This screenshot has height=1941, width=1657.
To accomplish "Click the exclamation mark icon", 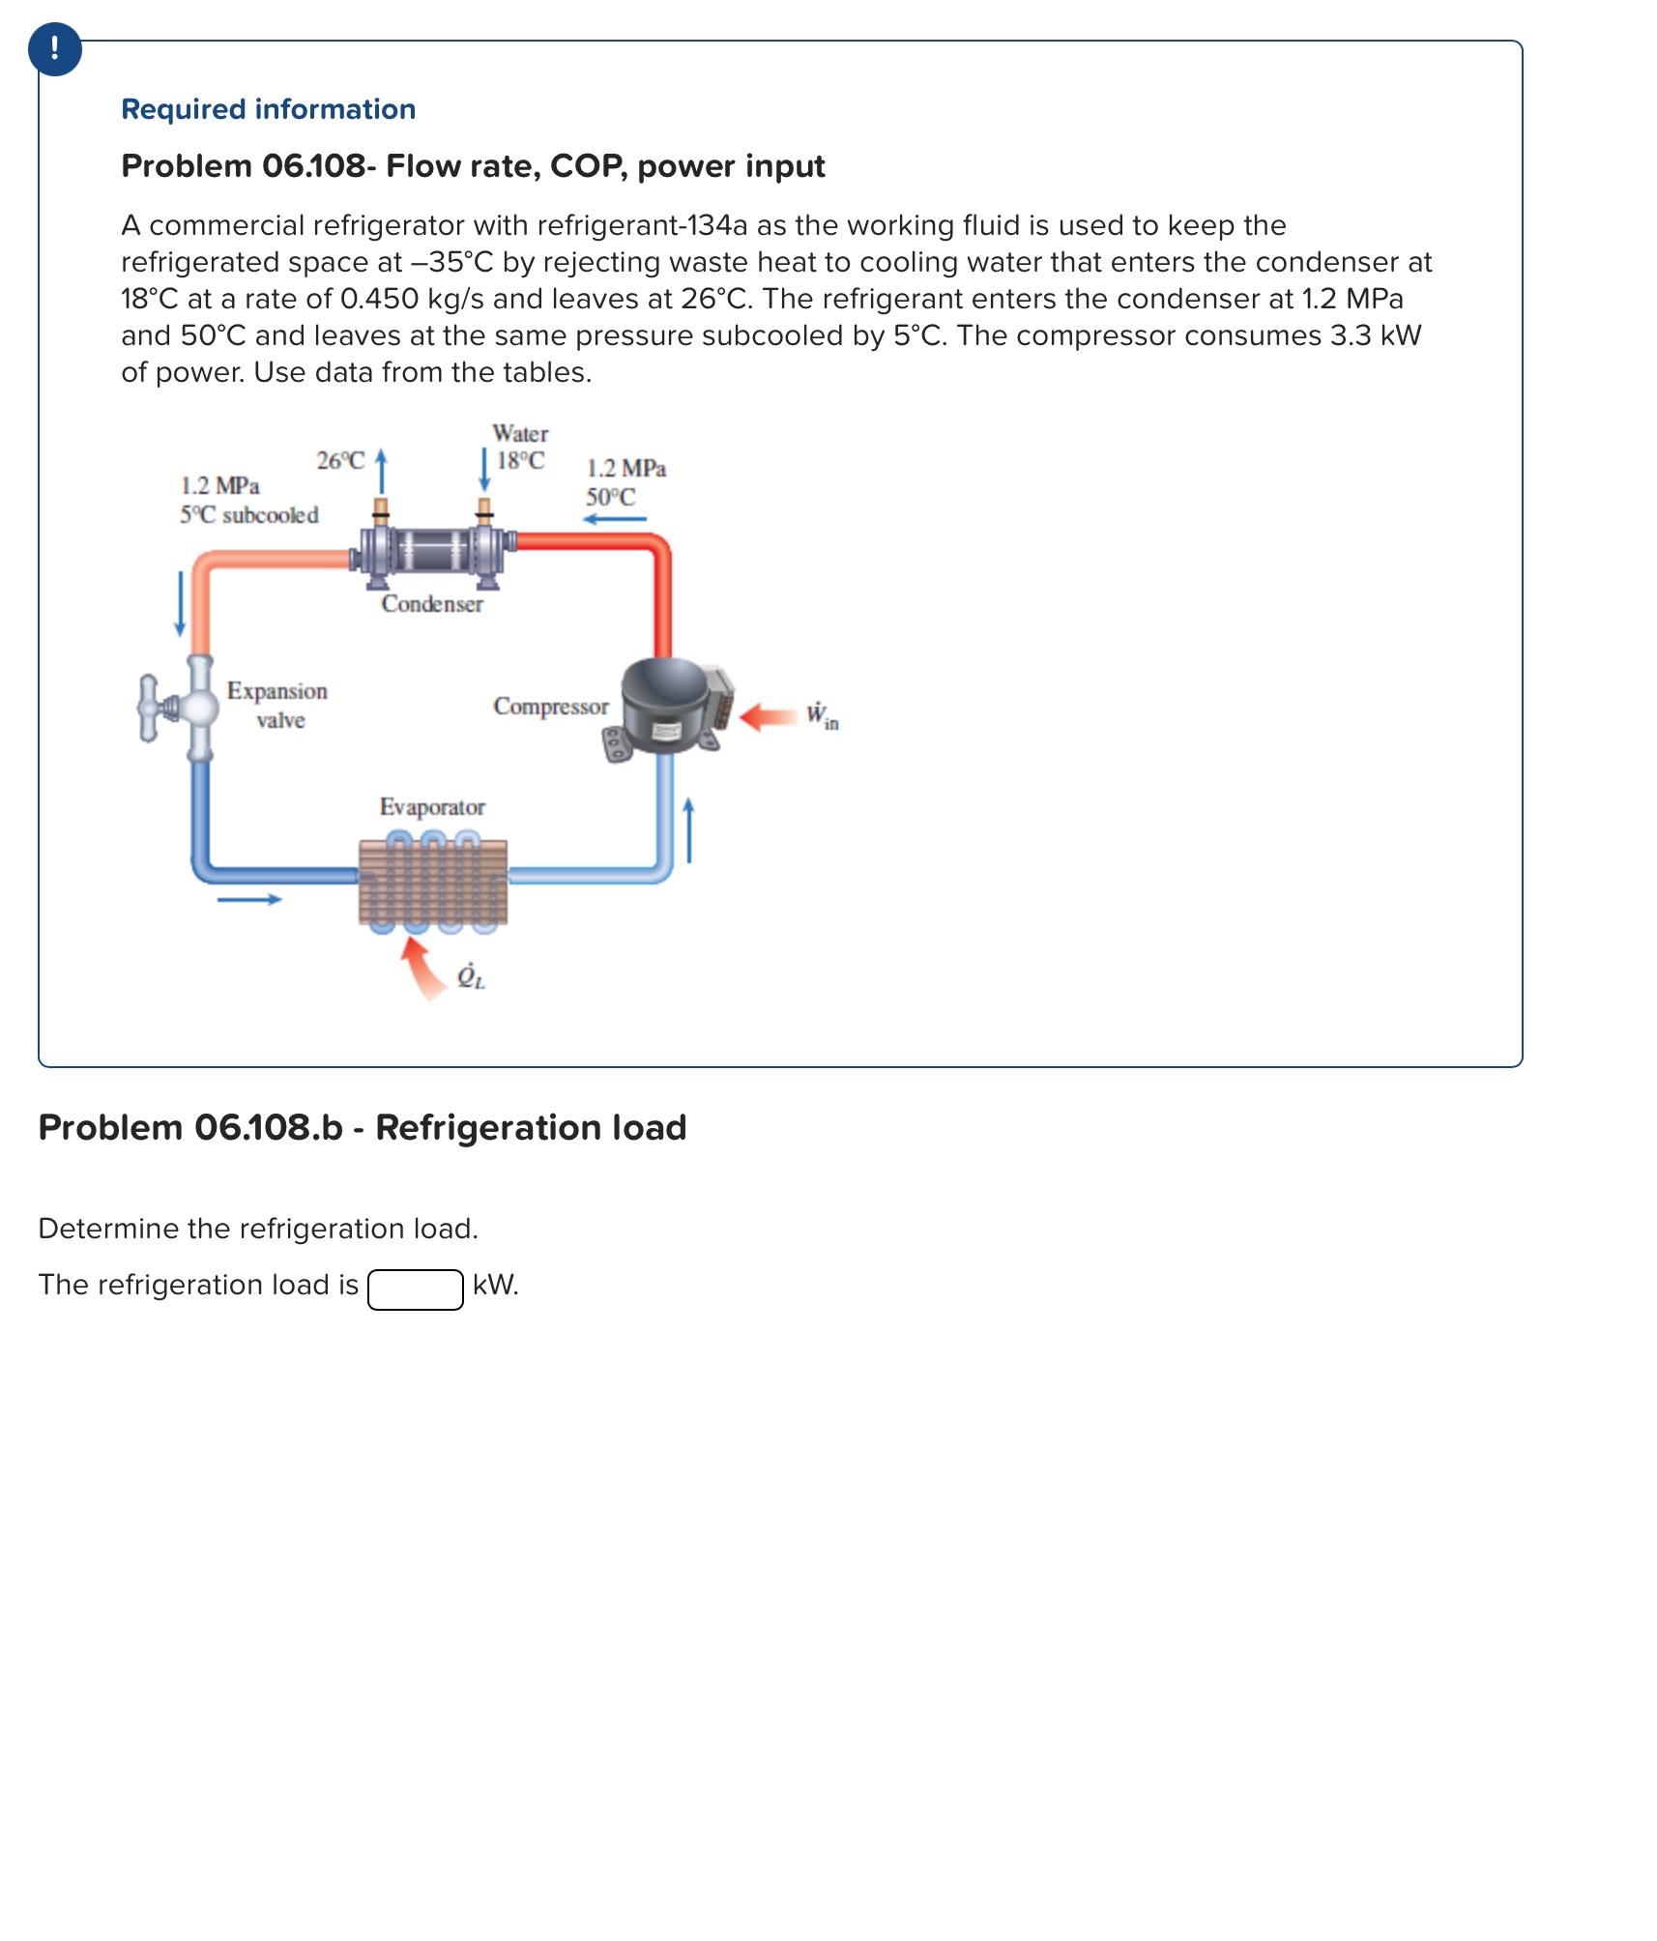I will click(x=54, y=48).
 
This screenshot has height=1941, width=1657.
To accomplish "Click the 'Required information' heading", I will click(x=268, y=109).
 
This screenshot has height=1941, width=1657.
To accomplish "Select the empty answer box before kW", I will click(x=415, y=1289).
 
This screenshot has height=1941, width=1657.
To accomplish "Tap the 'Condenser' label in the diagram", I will click(x=431, y=604).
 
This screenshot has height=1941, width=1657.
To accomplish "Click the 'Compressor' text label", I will click(x=550, y=707).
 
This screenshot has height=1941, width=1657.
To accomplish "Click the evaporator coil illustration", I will click(x=432, y=881).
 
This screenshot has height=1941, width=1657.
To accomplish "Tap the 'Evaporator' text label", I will click(x=432, y=806).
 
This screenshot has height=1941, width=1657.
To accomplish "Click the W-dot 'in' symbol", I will click(x=822, y=715).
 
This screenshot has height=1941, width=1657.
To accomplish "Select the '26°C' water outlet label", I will click(x=340, y=461).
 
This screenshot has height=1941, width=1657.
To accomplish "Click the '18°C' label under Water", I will click(x=520, y=461).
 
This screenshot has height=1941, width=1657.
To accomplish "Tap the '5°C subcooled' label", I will click(x=248, y=515).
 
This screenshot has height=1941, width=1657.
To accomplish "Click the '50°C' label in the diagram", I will click(x=610, y=498).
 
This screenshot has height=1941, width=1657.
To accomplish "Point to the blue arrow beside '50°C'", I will click(x=614, y=520).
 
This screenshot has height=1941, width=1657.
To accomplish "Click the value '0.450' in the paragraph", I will click(x=379, y=299).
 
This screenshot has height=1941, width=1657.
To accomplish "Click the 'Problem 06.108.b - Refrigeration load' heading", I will click(x=362, y=1127).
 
